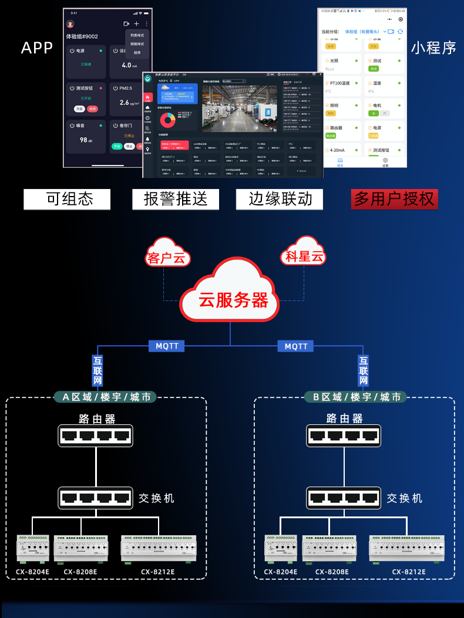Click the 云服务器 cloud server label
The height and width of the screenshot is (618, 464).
[233, 300]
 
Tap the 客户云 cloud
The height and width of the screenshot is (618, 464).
[167, 258]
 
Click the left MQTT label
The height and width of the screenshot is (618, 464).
[167, 346]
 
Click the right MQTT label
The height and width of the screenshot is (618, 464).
[296, 346]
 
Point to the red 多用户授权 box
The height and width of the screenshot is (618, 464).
[394, 199]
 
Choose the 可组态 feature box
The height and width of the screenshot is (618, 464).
[67, 199]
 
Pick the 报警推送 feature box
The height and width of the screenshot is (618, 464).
[176, 199]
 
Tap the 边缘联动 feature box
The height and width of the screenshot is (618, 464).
[280, 199]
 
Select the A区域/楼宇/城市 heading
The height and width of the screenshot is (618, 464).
[106, 397]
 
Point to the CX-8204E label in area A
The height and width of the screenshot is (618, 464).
[32, 571]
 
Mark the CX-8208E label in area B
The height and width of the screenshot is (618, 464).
[332, 571]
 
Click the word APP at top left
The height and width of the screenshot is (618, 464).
[37, 48]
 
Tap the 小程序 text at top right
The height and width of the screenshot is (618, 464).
[433, 48]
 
